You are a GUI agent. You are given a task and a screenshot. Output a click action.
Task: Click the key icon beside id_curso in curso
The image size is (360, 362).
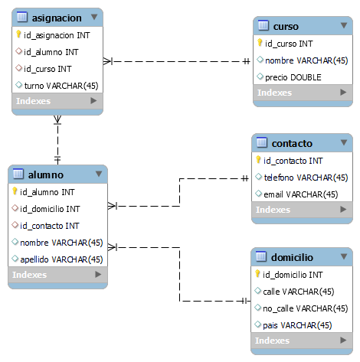[x=260, y=44]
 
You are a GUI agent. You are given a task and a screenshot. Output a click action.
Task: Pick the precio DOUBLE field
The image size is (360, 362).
[x=293, y=77]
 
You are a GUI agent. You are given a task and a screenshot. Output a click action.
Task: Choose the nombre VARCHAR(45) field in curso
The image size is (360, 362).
[x=306, y=60]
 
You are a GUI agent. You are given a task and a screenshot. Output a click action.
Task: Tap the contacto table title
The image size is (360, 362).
[x=292, y=143]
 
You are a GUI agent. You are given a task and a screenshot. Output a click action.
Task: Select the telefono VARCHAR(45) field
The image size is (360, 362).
[x=300, y=178]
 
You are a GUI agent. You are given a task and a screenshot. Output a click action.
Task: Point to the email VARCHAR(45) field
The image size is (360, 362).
[x=300, y=194]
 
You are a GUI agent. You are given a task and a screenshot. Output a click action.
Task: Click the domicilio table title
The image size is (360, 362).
[x=293, y=256]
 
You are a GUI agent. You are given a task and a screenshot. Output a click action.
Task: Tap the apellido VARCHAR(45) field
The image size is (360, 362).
[x=61, y=259]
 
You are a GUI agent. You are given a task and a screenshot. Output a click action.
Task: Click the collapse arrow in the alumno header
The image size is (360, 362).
[x=98, y=174]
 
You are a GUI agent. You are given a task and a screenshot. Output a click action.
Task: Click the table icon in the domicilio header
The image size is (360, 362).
[x=260, y=256]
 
